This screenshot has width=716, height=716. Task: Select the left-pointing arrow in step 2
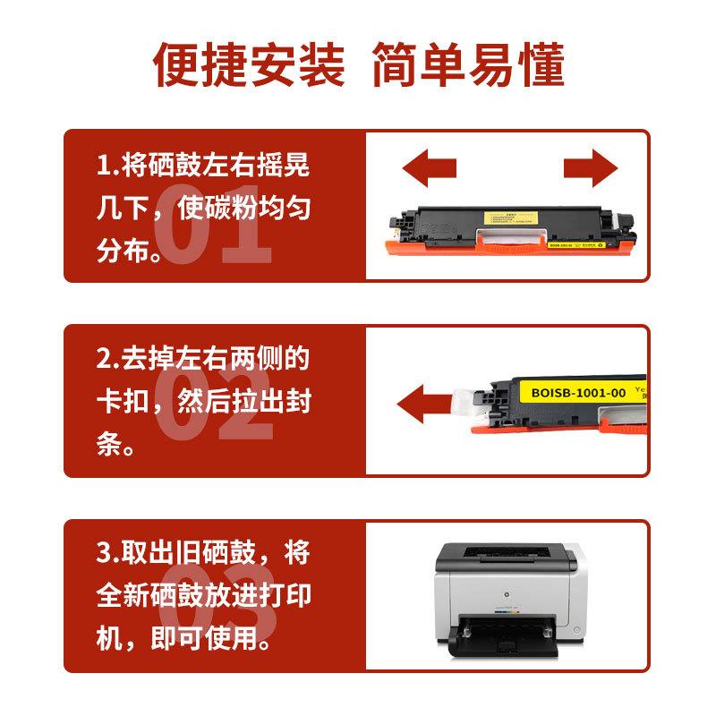[x=424, y=405]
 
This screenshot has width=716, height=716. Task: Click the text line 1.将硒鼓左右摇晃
[x=204, y=167]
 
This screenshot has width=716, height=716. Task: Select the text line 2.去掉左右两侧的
[x=204, y=359]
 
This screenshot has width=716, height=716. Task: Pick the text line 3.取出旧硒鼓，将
[x=204, y=552]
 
